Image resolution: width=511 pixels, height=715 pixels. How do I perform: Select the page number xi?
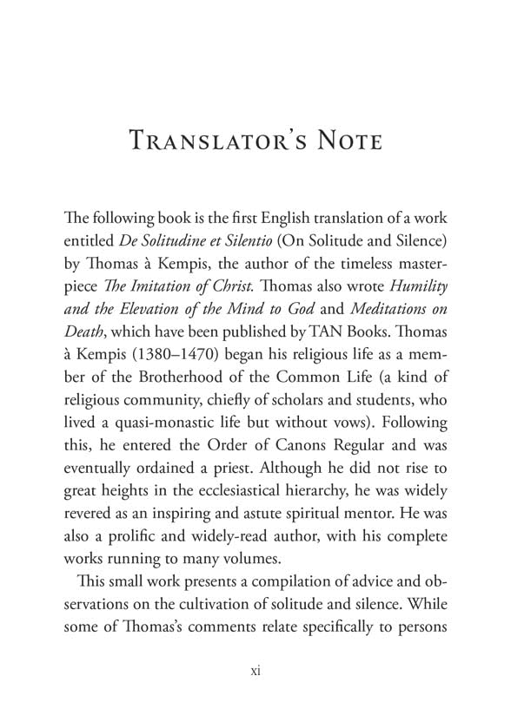coord(255,670)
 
